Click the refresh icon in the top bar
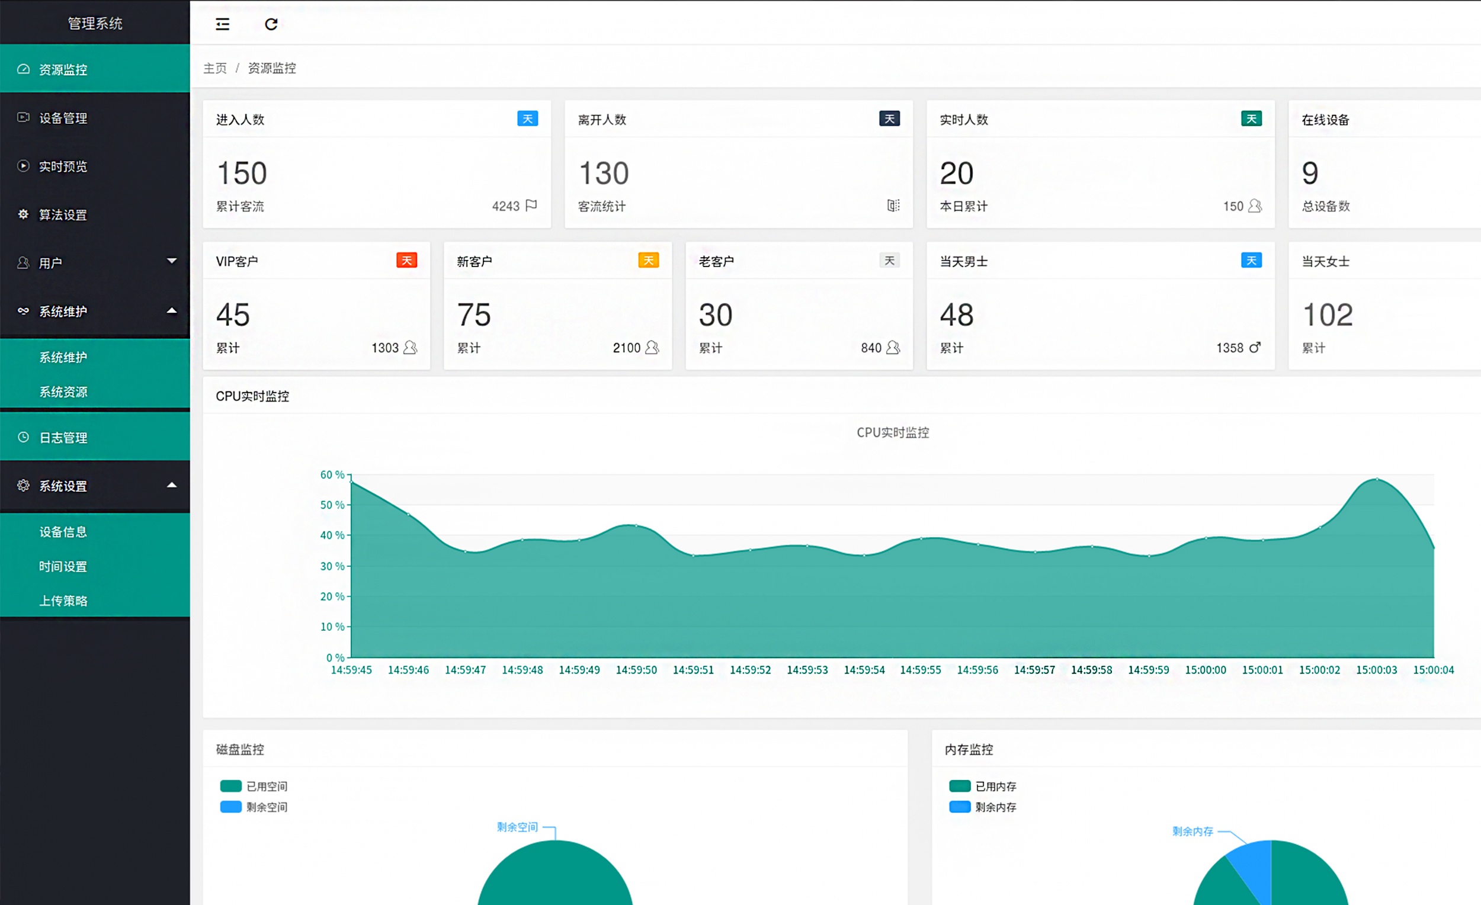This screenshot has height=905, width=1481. point(271,24)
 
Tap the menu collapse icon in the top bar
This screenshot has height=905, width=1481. point(222,24)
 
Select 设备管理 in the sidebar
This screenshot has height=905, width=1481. point(63,118)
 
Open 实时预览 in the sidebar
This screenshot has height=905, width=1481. point(63,166)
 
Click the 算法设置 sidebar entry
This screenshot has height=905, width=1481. point(63,214)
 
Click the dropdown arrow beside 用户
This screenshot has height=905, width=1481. point(172,261)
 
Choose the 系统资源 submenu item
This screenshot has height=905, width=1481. point(63,392)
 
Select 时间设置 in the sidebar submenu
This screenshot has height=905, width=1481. point(63,566)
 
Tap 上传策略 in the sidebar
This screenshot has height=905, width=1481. point(63,601)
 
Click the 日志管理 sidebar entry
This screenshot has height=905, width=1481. point(63,438)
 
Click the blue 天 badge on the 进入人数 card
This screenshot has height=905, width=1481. point(527,118)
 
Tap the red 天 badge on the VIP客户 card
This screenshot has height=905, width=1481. point(406,260)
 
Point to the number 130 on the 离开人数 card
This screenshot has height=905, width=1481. point(604,173)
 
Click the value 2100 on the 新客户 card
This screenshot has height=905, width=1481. point(626,348)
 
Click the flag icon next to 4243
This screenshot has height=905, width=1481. point(531,206)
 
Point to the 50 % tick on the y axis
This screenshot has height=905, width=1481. point(332,505)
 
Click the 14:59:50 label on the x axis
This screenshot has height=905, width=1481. point(636,669)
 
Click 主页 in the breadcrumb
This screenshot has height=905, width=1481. point(214,68)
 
